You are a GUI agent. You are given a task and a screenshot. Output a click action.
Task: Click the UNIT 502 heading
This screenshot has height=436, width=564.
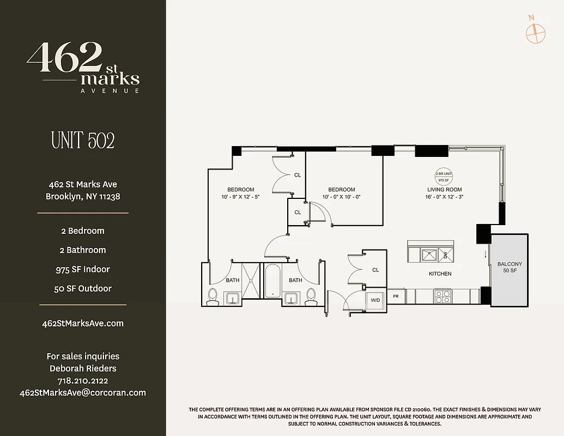pyautogui.click(x=83, y=141)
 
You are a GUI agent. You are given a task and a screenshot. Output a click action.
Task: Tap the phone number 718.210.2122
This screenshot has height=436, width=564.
pyautogui.click(x=83, y=380)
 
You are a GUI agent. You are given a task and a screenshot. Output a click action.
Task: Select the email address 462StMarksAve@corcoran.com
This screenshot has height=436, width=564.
pyautogui.click(x=83, y=392)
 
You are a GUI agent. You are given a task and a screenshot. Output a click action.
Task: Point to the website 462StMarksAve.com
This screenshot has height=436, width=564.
pyautogui.click(x=83, y=323)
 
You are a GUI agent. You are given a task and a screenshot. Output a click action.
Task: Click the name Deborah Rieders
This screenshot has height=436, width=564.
pyautogui.click(x=83, y=368)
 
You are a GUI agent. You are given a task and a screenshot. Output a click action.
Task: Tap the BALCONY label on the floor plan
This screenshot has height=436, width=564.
pyautogui.click(x=509, y=267)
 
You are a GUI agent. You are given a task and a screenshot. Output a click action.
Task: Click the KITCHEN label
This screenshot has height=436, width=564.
pyautogui.click(x=440, y=274)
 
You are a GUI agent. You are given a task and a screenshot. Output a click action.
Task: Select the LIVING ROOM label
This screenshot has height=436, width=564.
pyautogui.click(x=444, y=190)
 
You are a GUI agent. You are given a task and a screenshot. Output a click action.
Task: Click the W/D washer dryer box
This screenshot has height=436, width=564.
pyautogui.click(x=375, y=300)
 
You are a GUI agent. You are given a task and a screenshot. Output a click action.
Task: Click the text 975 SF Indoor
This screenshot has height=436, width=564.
pyautogui.click(x=83, y=269)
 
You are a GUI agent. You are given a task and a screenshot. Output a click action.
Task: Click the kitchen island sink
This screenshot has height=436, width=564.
pyautogui.click(x=429, y=253)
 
